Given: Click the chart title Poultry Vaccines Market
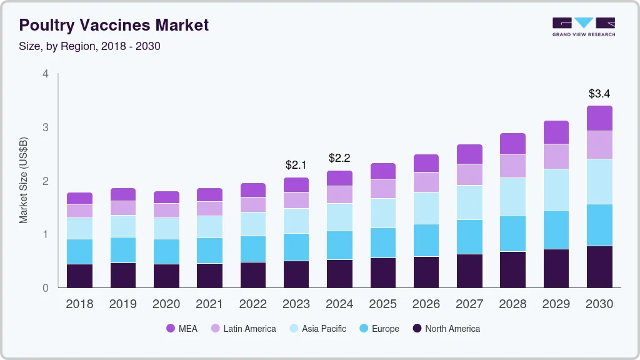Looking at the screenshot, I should (x=114, y=25).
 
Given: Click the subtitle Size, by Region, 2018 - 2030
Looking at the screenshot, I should (x=90, y=46).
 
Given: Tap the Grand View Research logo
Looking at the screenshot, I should (x=583, y=26).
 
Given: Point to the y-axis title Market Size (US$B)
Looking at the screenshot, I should (x=24, y=181).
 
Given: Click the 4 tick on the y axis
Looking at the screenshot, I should (x=45, y=74).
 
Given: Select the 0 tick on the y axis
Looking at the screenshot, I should (x=45, y=288).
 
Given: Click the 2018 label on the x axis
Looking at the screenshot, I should (x=79, y=304).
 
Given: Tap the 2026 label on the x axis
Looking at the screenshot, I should (x=426, y=304).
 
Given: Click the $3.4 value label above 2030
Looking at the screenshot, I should (x=599, y=94).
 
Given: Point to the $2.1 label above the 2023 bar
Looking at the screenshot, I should (x=296, y=166).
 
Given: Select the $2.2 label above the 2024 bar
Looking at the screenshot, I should (x=339, y=159).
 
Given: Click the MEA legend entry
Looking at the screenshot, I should (x=181, y=329).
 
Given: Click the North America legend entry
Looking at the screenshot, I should (x=446, y=329).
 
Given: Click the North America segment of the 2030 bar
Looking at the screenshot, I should (x=599, y=267).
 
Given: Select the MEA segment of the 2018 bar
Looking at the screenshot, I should (x=79, y=199).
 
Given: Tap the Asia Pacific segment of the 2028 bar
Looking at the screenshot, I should (x=512, y=197).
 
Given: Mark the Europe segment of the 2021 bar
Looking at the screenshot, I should (x=209, y=251).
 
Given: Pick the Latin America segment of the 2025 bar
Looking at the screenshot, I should (x=382, y=189).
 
